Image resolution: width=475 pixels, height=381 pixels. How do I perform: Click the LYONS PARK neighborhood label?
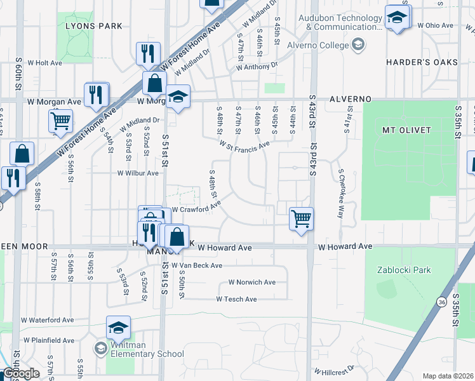(x=93, y=26)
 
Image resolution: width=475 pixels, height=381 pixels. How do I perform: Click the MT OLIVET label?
(x=406, y=130)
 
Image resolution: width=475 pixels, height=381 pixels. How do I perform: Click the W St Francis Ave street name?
(x=244, y=146)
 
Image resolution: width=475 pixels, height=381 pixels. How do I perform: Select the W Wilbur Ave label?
(x=138, y=173)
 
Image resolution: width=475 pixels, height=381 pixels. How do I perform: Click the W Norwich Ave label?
(x=252, y=282)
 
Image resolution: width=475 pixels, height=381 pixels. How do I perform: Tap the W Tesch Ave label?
(x=236, y=299)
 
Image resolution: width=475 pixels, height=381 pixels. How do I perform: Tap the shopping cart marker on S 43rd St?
(x=301, y=219)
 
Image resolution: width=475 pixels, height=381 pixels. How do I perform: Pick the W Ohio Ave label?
(x=436, y=25)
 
